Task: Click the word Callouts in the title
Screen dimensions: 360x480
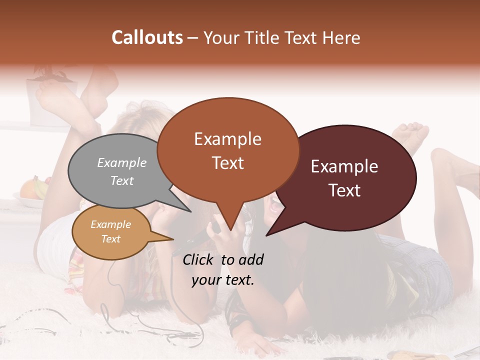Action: pos(147,37)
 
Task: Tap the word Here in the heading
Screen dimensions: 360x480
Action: pos(341,37)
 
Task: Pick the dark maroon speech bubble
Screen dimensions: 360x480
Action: pos(350,177)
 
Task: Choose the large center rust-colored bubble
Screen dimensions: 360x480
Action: pos(227,150)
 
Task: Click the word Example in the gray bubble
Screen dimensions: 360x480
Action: pos(122,162)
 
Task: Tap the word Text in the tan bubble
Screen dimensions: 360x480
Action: pos(111,239)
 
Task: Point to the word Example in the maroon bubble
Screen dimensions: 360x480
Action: pos(344,166)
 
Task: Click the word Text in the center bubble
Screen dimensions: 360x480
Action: pos(228,163)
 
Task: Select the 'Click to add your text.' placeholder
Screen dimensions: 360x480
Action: pos(223,269)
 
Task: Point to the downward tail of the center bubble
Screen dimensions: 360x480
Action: pos(229,225)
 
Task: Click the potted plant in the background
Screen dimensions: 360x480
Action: pos(52,87)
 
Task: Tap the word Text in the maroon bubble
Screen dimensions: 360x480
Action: pos(344,190)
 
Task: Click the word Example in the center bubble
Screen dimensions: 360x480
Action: pos(227,139)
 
